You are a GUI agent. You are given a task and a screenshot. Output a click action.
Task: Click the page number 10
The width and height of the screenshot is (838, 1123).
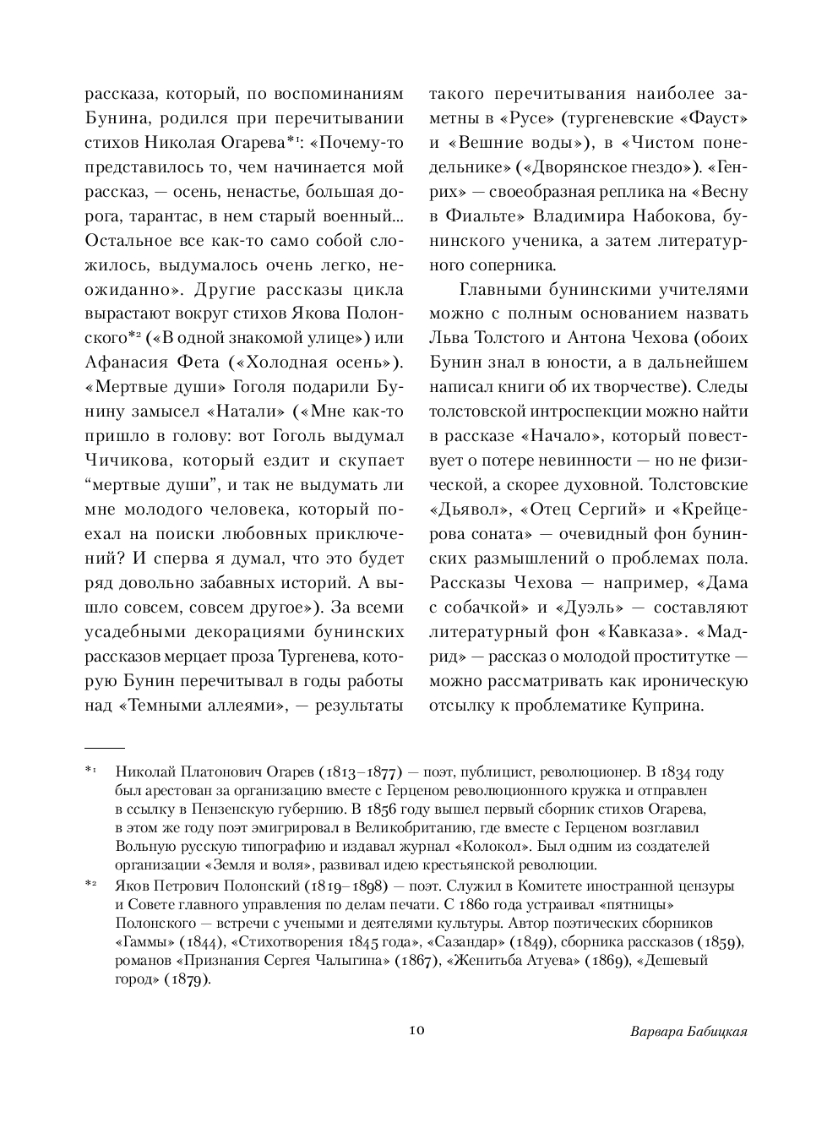click(416, 1031)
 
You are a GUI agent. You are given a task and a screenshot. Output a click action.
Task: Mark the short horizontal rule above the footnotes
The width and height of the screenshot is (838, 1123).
click(105, 748)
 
